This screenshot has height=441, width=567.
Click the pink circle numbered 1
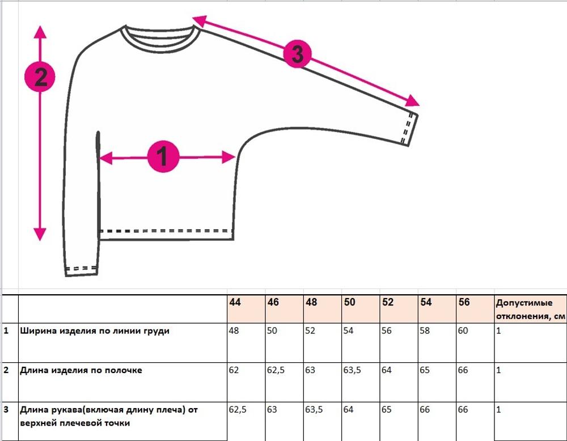tap(163, 156)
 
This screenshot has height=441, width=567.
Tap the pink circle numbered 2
tap(40, 77)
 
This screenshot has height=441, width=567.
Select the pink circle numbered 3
tap(297, 54)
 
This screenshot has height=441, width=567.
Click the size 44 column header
tap(235, 302)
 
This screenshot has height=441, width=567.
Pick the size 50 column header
tap(349, 302)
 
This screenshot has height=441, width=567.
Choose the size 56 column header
tap(464, 302)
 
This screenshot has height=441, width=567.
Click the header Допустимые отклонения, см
tap(530, 309)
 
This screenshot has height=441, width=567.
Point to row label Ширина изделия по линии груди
tap(94, 331)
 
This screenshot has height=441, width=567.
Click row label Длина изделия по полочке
tap(81, 370)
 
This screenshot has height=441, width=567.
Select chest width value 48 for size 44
tap(234, 330)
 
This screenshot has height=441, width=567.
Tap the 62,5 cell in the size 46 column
tap(276, 370)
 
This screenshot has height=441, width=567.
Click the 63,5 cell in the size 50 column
tap(352, 370)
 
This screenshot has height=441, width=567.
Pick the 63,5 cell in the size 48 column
tap(314, 410)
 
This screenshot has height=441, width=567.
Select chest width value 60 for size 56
tap(463, 330)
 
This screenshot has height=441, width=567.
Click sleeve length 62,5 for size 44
tap(238, 410)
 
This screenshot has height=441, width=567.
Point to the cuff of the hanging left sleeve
tap(81, 271)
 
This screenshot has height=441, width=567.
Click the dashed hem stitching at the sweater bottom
tap(166, 231)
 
